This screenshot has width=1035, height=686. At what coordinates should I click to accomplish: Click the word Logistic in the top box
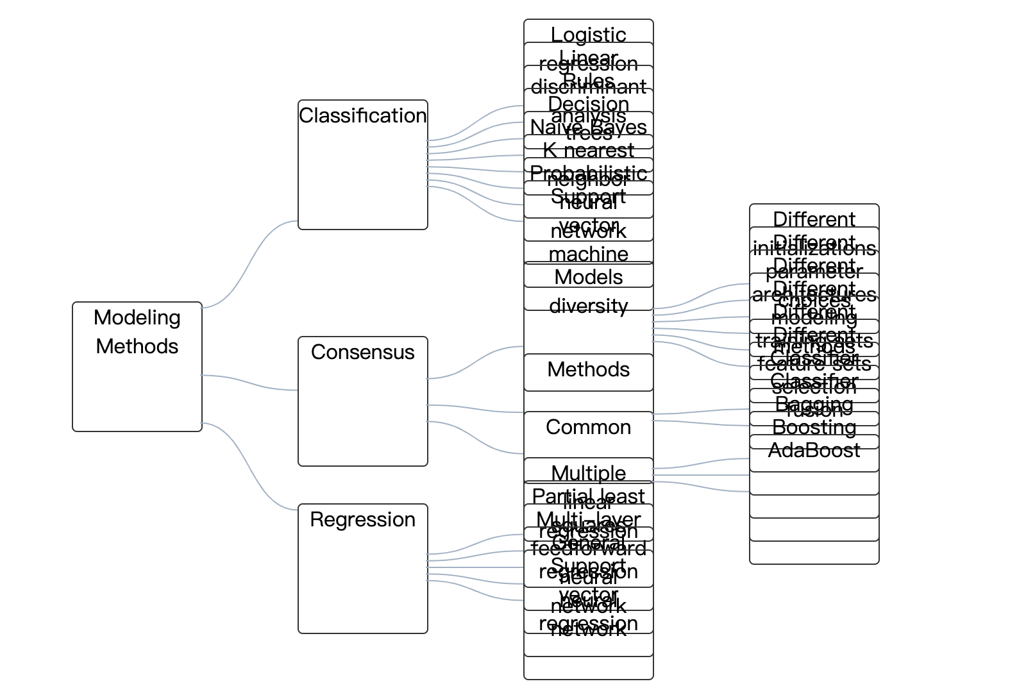click(x=588, y=34)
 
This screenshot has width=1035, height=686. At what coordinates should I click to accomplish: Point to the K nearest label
click(x=588, y=150)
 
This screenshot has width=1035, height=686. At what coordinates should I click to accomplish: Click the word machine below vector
click(x=588, y=254)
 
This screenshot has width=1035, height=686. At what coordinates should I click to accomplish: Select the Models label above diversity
click(x=588, y=277)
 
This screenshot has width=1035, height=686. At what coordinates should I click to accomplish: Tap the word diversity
click(x=588, y=306)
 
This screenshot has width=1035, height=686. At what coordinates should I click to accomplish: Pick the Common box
click(x=588, y=427)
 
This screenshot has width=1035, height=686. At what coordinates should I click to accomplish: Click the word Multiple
click(x=588, y=473)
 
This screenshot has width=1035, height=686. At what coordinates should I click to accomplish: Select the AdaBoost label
click(x=814, y=451)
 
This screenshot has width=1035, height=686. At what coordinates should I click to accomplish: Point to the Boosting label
click(x=814, y=427)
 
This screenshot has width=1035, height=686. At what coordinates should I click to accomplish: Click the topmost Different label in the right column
click(x=814, y=219)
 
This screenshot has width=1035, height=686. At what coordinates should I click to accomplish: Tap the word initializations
click(x=814, y=249)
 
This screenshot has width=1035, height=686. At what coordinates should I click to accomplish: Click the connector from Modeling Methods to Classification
click(x=250, y=263)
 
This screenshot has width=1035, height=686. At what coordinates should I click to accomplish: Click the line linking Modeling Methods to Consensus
click(x=250, y=383)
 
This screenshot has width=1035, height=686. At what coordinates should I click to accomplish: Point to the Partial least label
click(x=588, y=496)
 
